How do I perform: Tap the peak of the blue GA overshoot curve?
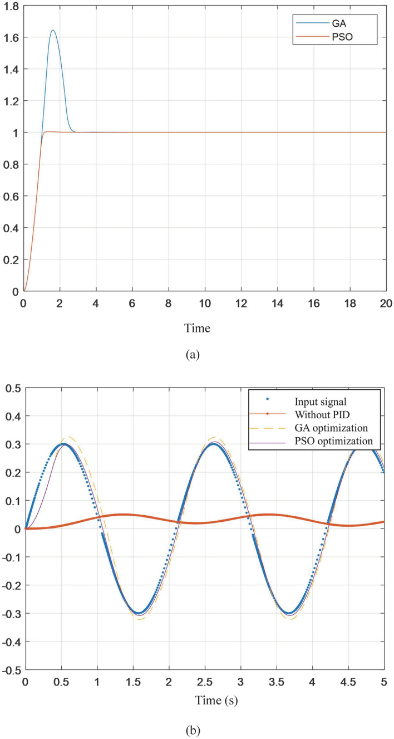[53, 30]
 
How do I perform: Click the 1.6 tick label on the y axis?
[11, 37]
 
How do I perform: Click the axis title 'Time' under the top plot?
[197, 329]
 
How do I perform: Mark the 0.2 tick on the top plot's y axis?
[11, 259]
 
